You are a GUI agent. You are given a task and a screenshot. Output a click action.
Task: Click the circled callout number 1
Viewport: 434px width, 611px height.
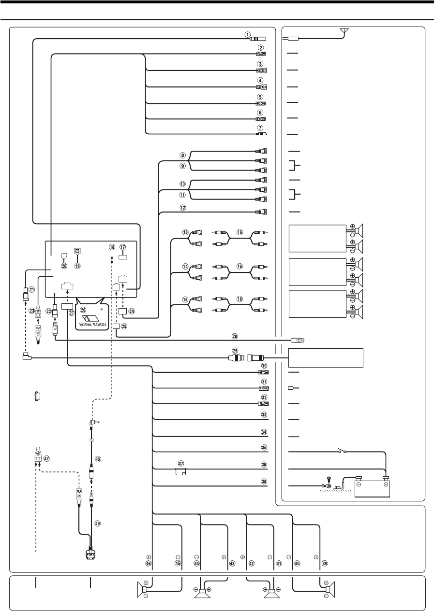[x=247, y=34]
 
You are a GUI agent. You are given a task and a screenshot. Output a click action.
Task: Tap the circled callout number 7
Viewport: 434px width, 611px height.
[x=260, y=127]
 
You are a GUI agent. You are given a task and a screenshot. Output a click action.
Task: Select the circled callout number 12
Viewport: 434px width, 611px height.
[x=183, y=207]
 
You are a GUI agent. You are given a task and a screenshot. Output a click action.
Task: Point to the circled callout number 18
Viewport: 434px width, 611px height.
[x=112, y=247]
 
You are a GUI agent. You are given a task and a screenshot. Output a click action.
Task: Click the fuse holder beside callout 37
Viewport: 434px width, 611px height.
[x=181, y=472]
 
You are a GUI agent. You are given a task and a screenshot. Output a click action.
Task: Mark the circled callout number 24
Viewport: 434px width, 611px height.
[x=132, y=312]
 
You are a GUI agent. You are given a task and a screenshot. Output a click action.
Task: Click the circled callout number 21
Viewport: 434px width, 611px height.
[x=32, y=290]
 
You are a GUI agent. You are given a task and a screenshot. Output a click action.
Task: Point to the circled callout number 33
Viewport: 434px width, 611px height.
[x=264, y=415]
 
